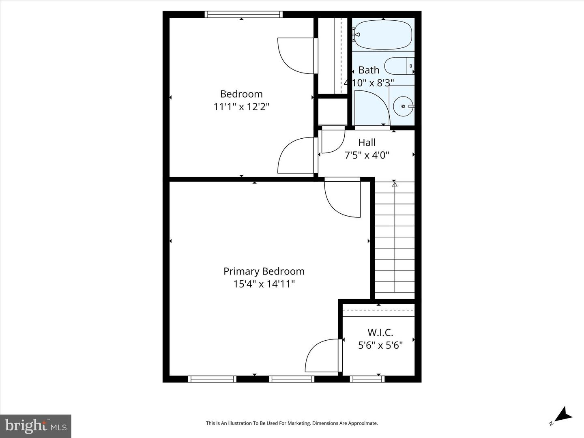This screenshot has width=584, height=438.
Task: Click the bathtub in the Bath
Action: click(x=383, y=35)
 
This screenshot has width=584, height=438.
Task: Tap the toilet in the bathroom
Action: click(x=399, y=66)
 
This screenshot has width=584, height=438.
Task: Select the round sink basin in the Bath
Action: click(x=404, y=106)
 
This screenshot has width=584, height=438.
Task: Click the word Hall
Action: click(x=367, y=142)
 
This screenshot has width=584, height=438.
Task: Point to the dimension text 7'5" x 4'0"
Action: click(x=367, y=155)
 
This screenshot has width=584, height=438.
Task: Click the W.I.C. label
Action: click(x=380, y=333)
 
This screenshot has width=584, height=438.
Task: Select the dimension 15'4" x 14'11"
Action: click(x=264, y=284)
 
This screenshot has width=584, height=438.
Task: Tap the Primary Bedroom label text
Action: click(x=264, y=271)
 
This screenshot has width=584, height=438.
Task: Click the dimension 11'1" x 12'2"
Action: click(x=241, y=107)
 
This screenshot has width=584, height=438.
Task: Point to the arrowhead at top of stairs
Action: click(x=395, y=184)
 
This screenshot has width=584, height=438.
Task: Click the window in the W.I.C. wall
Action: click(x=367, y=379)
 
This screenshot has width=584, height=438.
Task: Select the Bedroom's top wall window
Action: click(x=244, y=14)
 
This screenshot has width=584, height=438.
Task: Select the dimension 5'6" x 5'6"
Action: click(x=380, y=346)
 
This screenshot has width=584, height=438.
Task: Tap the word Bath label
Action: click(x=369, y=70)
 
